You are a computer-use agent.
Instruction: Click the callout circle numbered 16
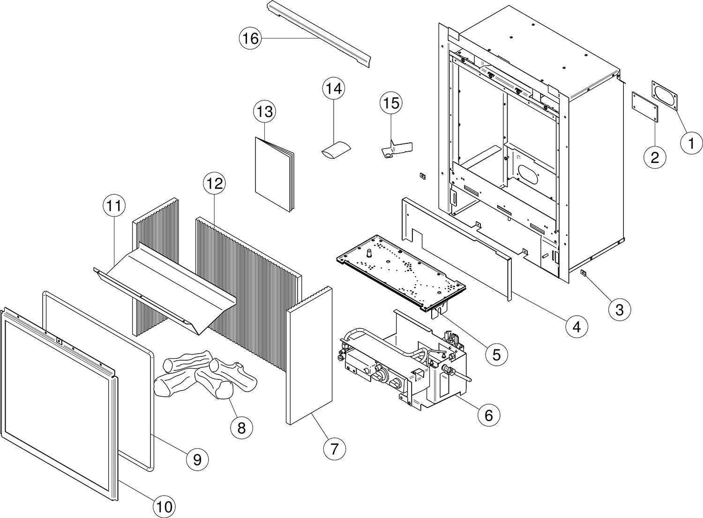(250, 38)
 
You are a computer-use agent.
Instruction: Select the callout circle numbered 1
(691, 143)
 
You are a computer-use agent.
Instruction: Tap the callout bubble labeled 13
(265, 112)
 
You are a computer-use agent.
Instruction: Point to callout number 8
(241, 428)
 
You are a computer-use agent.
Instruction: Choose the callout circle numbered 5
(496, 355)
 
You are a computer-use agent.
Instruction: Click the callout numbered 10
(164, 506)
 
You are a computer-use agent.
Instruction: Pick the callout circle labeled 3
(619, 310)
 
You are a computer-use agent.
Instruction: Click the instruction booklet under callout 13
(275, 174)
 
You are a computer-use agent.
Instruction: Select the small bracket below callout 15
(396, 149)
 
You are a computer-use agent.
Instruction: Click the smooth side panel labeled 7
(309, 356)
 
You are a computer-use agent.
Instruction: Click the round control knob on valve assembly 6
(395, 384)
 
